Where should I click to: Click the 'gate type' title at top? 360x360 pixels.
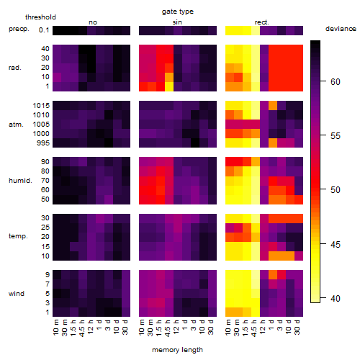pos(178,12)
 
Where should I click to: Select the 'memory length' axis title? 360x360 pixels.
pos(177,350)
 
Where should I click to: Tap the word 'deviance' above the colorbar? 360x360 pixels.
pos(341,29)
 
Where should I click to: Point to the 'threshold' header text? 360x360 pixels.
pos(40,17)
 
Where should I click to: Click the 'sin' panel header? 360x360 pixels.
pos(177,22)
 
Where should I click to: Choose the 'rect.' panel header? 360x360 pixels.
pos(261,22)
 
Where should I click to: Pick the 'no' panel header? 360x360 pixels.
pos(93,22)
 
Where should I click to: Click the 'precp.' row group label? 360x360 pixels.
pos(19,30)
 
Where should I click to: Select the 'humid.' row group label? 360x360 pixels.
pos(20,181)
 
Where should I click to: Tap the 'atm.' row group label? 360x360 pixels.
pos(16,125)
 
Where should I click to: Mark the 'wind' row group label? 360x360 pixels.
pos(17,294)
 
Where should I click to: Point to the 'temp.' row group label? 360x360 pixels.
pos(18,236)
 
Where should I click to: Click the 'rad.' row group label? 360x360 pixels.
pos(15,68)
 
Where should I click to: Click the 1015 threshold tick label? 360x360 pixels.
pos(41,106)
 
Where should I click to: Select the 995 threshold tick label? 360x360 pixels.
pos(43,143)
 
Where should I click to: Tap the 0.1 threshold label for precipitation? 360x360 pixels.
pos(44,30)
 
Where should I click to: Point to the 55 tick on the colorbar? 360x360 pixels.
pos(336,136)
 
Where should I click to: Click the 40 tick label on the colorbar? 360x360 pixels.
pos(336,299)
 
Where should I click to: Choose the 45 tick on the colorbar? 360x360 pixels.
pos(336,245)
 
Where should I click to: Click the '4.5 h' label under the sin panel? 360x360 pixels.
pos(168,328)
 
